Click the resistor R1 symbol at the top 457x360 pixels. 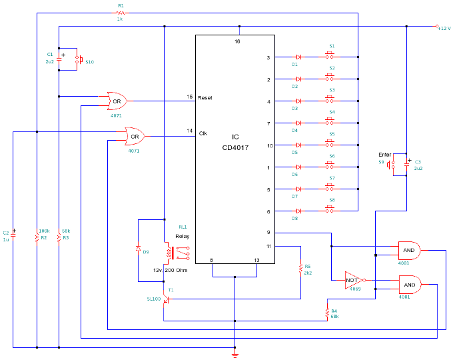click(x=120, y=12)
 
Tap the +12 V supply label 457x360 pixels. click(x=444, y=27)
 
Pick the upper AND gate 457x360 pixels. click(x=408, y=251)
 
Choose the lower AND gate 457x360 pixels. click(x=408, y=284)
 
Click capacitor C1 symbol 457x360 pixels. click(x=59, y=58)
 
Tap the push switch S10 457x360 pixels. click(x=80, y=61)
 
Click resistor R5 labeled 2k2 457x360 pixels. click(x=300, y=268)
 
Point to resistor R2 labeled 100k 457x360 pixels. click(x=37, y=237)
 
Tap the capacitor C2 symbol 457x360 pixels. click(x=13, y=234)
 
